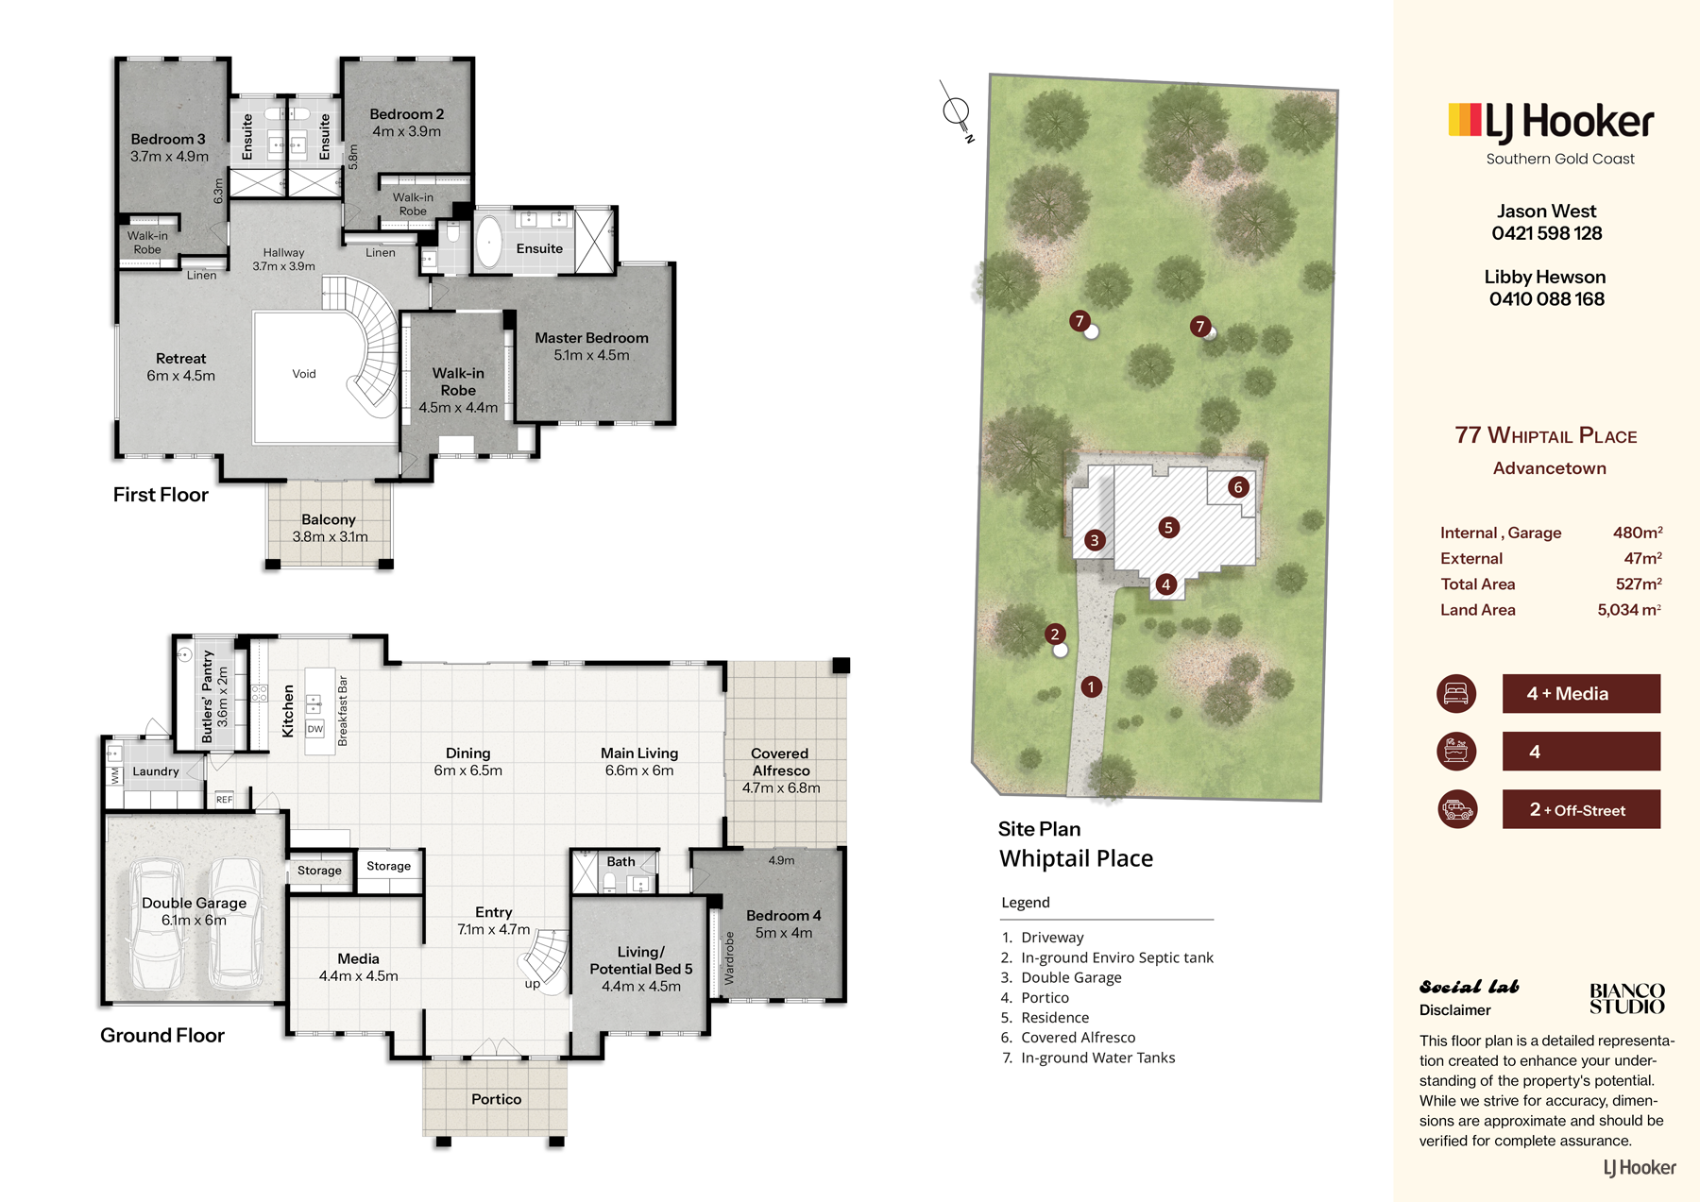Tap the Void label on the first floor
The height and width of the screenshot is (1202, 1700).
click(x=304, y=374)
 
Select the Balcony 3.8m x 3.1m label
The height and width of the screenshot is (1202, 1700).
click(x=329, y=528)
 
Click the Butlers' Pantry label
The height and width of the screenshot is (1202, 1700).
click(x=209, y=696)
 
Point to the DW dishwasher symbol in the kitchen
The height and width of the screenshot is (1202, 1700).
click(x=315, y=729)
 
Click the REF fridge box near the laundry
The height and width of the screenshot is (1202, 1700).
click(x=224, y=799)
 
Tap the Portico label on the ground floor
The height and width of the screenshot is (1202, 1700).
click(x=496, y=1099)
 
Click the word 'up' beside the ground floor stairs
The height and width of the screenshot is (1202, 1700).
click(x=533, y=984)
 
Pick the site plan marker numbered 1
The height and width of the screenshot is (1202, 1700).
click(x=1091, y=686)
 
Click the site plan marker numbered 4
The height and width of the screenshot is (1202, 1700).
click(x=1165, y=584)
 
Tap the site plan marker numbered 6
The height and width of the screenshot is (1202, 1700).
click(x=1238, y=487)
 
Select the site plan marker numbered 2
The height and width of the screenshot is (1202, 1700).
click(x=1055, y=634)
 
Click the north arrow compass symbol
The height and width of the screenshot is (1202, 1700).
click(x=957, y=112)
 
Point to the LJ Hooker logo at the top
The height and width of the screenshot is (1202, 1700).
click(x=1551, y=123)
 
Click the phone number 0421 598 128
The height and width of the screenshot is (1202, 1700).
click(x=1547, y=233)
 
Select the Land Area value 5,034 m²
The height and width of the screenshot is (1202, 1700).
click(x=1628, y=610)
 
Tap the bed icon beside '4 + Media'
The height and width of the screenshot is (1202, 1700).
click(x=1456, y=693)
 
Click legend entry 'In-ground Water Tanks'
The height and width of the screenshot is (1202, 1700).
click(x=1097, y=1058)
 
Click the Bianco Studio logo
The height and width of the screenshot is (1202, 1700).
click(x=1626, y=998)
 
